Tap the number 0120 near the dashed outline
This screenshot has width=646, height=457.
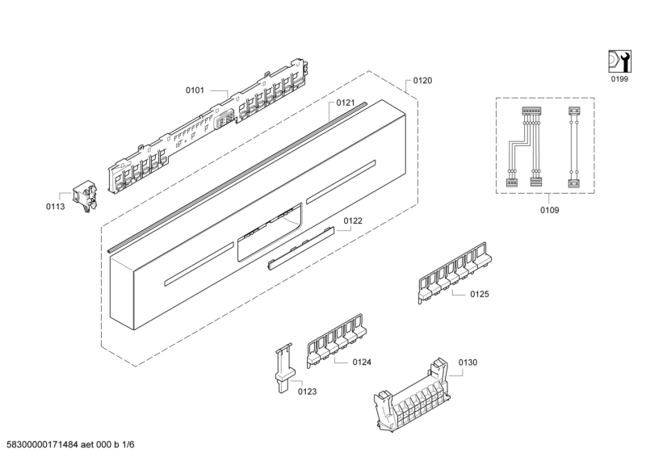point(422,82)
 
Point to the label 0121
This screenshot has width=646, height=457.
point(346,103)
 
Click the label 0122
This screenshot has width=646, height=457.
point(352,220)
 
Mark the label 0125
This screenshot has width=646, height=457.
point(480,295)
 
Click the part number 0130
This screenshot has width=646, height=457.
point(468,363)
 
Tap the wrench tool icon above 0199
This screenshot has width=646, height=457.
point(619,61)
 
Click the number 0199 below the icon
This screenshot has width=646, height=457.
point(619,79)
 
